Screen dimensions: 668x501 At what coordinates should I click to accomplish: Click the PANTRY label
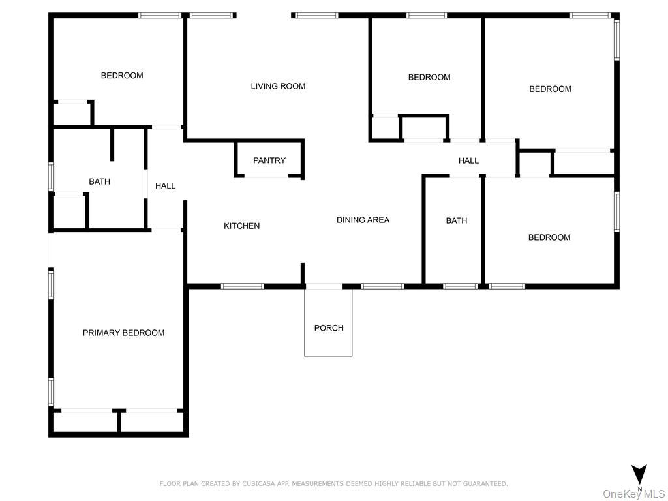point(269,160)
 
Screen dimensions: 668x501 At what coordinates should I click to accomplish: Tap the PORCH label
point(329,327)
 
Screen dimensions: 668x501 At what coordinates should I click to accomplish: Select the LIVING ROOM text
point(278,86)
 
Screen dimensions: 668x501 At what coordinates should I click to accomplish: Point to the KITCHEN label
point(241,226)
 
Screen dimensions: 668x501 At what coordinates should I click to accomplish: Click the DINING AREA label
point(363,220)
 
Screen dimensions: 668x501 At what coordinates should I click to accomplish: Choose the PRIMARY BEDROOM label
point(123,333)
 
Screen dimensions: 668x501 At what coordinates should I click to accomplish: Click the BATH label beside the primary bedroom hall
point(99,181)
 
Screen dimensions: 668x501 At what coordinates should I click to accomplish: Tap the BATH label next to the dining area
point(456,220)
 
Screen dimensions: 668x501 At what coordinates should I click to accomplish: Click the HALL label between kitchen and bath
point(165,186)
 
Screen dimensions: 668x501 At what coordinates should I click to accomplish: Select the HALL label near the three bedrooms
point(468,160)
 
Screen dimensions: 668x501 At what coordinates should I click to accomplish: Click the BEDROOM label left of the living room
point(122,76)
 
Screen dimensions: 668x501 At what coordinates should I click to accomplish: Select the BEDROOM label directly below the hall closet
point(549,237)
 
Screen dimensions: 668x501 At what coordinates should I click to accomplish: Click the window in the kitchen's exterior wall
point(243,286)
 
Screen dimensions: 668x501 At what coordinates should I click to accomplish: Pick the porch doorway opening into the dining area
point(324,286)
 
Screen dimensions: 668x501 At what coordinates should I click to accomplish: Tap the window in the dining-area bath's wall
point(460,286)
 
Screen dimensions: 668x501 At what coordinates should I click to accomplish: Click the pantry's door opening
point(267,175)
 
